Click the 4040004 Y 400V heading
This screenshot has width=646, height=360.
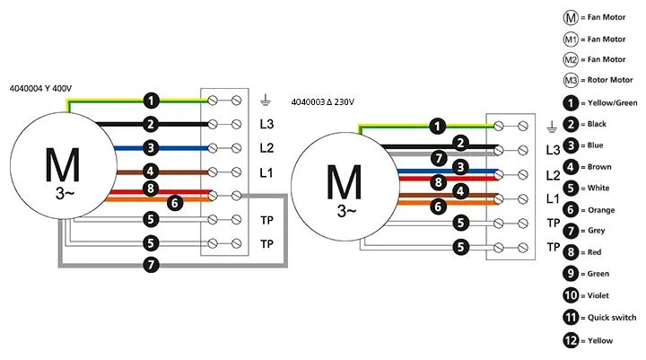(x=40, y=88)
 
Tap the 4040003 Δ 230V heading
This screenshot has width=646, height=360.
(x=323, y=101)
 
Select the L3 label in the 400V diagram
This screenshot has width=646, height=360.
(x=266, y=124)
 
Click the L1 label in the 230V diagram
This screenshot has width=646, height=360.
(x=553, y=198)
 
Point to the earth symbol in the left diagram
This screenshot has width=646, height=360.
(x=266, y=100)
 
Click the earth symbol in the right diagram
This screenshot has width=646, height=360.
(x=552, y=127)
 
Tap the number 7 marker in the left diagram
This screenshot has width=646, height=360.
(x=152, y=264)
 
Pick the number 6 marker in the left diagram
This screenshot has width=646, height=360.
(x=175, y=203)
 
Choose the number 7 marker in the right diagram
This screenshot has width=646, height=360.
(x=439, y=158)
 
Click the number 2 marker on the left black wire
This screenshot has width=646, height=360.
(x=151, y=124)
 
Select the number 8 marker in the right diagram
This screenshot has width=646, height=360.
(x=439, y=182)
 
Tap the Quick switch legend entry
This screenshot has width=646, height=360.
(x=599, y=317)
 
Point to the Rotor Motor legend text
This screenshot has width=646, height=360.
(x=610, y=80)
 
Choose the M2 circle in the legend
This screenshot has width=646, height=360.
(x=571, y=60)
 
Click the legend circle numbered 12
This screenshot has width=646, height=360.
(x=571, y=340)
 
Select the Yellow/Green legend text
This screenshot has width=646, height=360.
(x=613, y=102)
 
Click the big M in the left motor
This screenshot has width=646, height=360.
(x=62, y=164)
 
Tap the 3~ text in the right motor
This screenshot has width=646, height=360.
(x=346, y=211)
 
